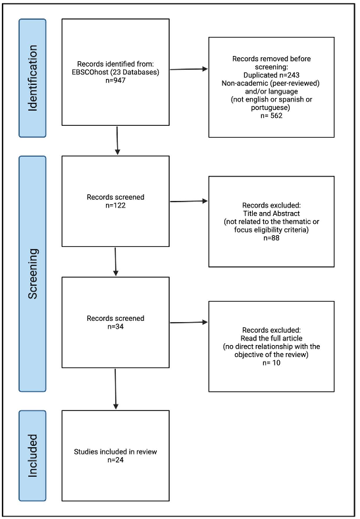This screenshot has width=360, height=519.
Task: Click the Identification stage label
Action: [32, 78]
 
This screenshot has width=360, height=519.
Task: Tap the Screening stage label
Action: [32, 273]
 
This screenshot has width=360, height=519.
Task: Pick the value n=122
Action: [116, 205]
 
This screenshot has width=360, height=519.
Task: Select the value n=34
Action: [116, 327]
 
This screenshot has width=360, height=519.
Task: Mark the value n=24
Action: [116, 460]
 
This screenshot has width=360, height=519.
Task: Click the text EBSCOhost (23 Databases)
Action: [116, 72]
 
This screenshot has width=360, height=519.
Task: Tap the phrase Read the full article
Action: [271, 338]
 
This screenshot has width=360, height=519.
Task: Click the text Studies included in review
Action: [116, 451]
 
